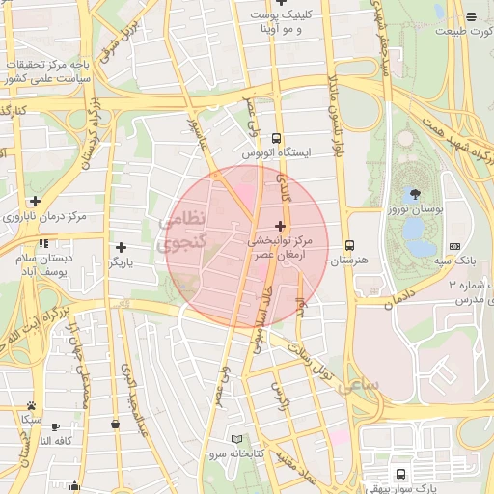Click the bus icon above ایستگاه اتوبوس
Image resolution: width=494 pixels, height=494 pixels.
pos(277,137)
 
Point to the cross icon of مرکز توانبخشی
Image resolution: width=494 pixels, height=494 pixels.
pos(280,225)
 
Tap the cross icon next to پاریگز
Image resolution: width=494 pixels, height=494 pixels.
pos(121,248)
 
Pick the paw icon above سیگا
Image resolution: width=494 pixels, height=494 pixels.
pos(32,405)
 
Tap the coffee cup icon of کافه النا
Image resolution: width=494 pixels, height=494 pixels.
pos(55,425)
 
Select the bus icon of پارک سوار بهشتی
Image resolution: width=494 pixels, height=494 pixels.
pos(400,474)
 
